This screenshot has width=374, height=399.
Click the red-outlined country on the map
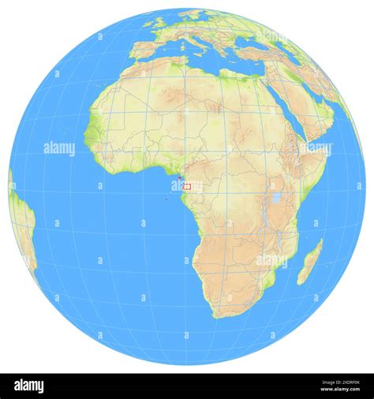coord(188,188)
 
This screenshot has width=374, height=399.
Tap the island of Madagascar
coord(311,262)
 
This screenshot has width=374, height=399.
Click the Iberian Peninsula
coord(146,48)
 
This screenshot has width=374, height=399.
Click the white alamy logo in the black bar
coord(39,385)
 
